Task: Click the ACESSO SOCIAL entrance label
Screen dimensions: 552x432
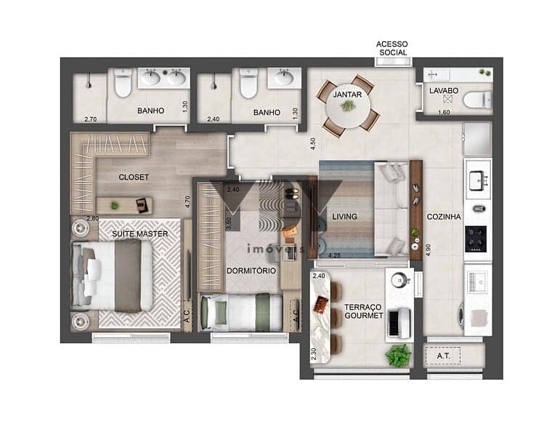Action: (x=391, y=48)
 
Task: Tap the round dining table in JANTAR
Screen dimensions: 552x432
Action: (x=348, y=105)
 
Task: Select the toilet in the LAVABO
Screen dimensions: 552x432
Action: (x=477, y=100)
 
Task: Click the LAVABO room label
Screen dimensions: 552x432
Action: (x=444, y=91)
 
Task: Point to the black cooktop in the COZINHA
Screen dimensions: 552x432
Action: (x=476, y=239)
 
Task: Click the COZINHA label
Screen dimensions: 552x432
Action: (x=444, y=217)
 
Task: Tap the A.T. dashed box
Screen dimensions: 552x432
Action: (x=443, y=356)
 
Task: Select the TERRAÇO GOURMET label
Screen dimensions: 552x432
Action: (x=363, y=311)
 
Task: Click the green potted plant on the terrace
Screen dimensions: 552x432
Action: (x=398, y=355)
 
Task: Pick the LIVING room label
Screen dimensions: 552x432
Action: (x=344, y=217)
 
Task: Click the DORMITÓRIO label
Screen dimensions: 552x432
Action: (x=251, y=271)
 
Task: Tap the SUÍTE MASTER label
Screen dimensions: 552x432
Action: (x=139, y=233)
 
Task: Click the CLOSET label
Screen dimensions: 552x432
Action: (x=134, y=177)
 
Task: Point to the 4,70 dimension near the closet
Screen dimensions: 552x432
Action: (x=187, y=201)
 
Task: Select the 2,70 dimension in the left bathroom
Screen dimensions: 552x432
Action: (x=91, y=119)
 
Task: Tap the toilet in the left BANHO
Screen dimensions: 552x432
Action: (x=123, y=83)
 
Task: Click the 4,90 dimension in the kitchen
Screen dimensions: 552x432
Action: (x=428, y=250)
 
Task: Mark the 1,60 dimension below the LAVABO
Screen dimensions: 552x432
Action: (x=444, y=113)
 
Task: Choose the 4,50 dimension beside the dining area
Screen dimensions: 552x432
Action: (x=312, y=144)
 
